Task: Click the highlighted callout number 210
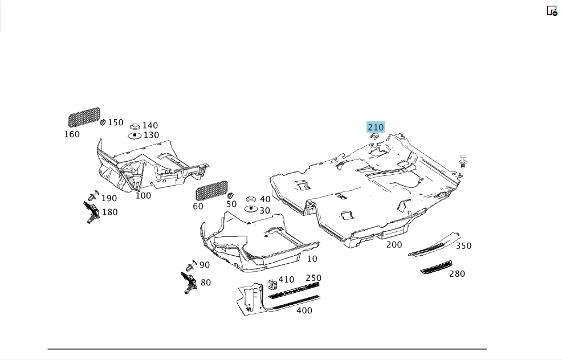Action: (x=376, y=127)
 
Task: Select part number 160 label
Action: (x=72, y=134)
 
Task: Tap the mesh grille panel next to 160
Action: (x=84, y=117)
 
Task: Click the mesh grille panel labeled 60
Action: (x=211, y=191)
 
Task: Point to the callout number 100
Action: (x=143, y=195)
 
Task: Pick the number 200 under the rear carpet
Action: (x=394, y=245)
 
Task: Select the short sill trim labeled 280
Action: (x=436, y=267)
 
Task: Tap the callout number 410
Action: (x=286, y=280)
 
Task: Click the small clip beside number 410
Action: (x=273, y=284)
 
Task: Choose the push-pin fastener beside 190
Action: (x=93, y=195)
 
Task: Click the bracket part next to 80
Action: (x=189, y=283)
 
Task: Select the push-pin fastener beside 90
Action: (x=192, y=266)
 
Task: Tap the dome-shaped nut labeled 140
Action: (x=135, y=126)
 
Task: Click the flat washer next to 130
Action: (x=135, y=136)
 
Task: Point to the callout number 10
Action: (x=312, y=259)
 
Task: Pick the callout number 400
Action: (x=304, y=310)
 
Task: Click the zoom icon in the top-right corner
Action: (x=552, y=11)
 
